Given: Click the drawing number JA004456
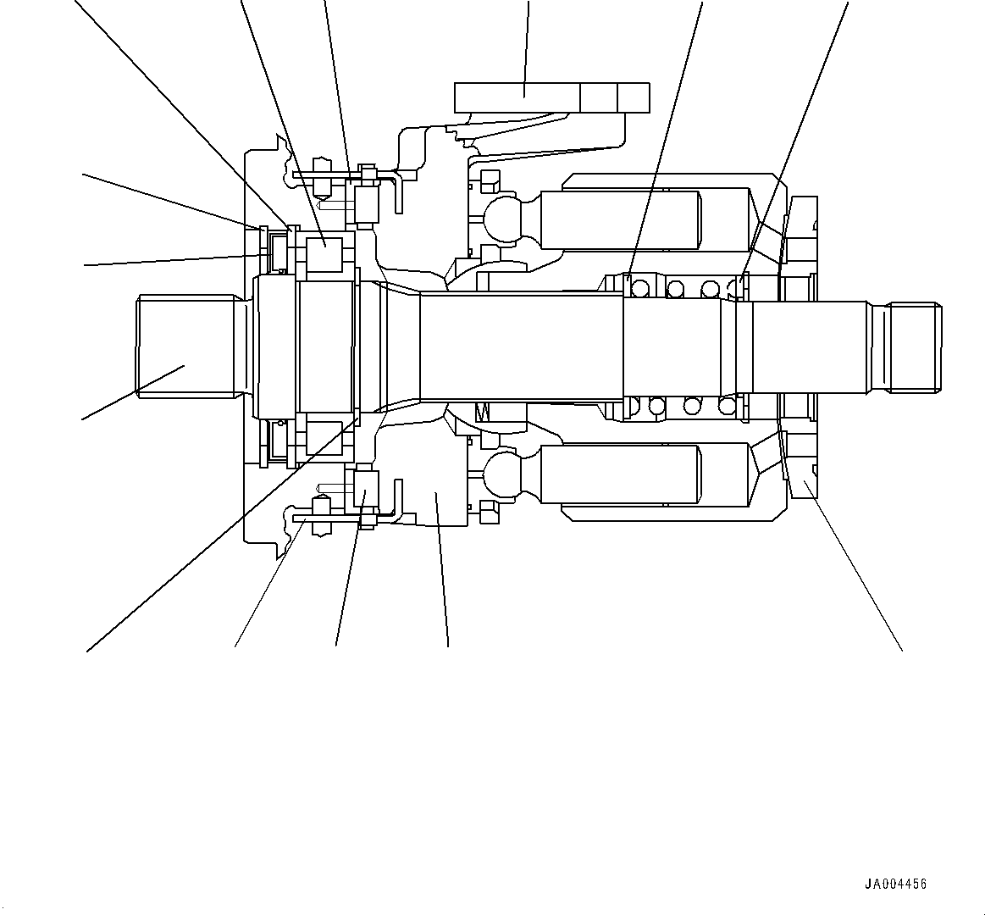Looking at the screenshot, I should (x=895, y=884).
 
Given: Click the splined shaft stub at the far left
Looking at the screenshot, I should (x=186, y=346).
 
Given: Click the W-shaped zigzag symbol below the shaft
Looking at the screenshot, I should (x=484, y=413).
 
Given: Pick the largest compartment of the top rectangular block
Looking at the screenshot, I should (x=517, y=97).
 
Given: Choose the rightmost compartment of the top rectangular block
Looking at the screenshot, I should (x=634, y=97).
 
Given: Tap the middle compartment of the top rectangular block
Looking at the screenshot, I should (x=599, y=97).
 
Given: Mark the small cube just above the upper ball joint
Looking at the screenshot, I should (x=488, y=180).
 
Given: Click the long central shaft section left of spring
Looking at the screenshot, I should (x=521, y=347).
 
